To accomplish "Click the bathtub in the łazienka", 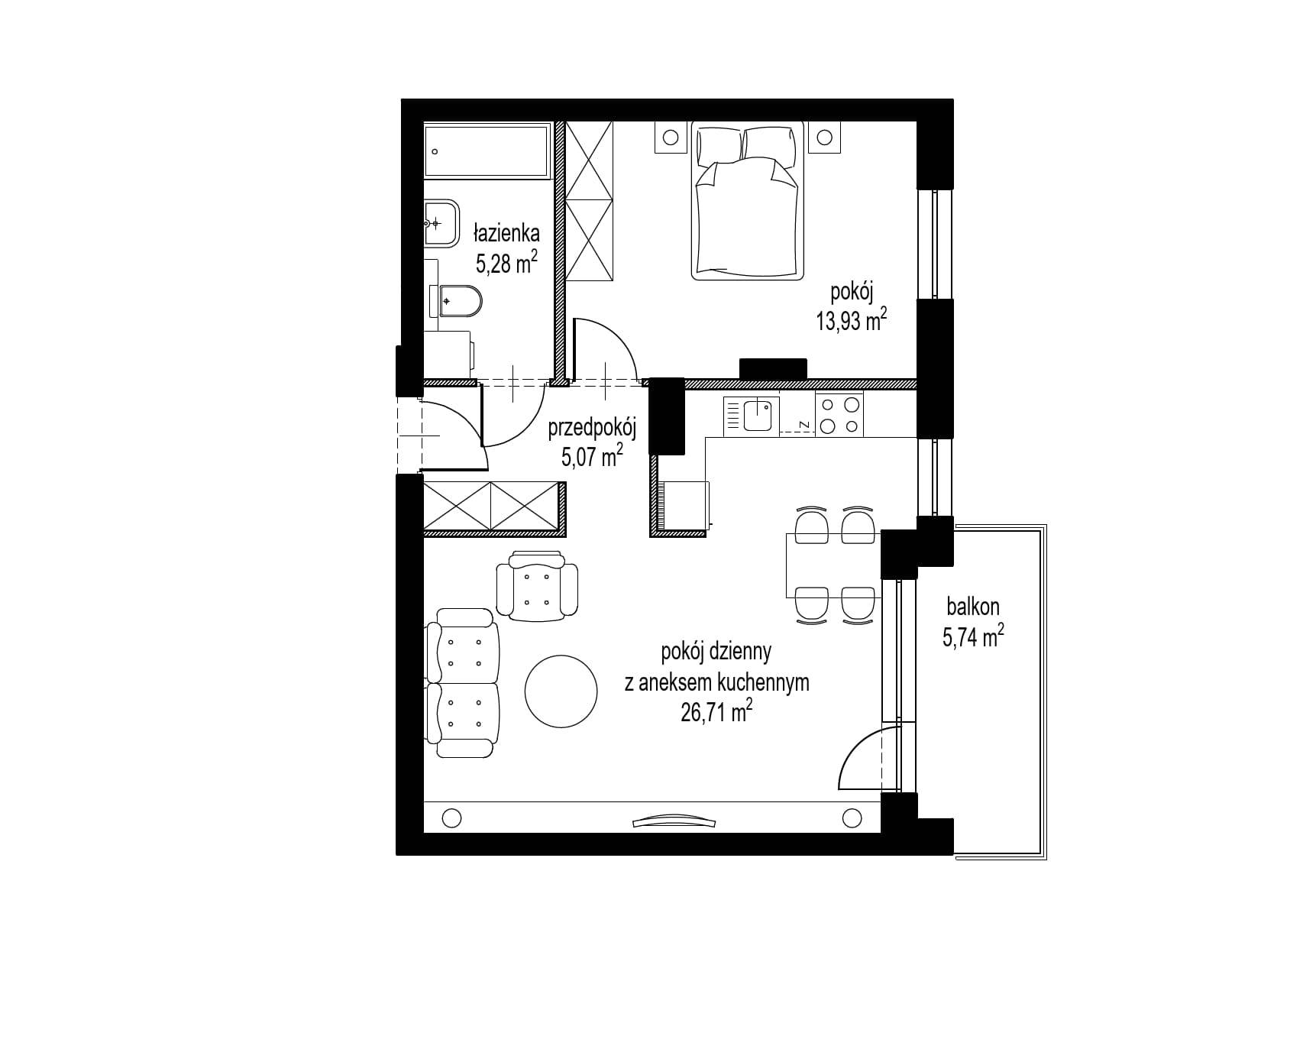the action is point(487,152).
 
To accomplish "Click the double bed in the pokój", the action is point(749,200).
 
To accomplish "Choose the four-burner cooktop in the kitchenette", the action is point(839,414).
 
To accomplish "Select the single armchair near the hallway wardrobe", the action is point(537,585).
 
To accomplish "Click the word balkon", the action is point(973,607).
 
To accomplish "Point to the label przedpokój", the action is point(593,429).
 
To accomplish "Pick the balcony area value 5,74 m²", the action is point(973,637).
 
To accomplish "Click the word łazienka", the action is point(506,233).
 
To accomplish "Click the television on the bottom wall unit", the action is point(675,821).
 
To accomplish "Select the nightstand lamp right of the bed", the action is point(824,138).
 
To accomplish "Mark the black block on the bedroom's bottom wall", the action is point(773,369).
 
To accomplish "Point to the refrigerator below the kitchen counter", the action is point(686,505).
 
